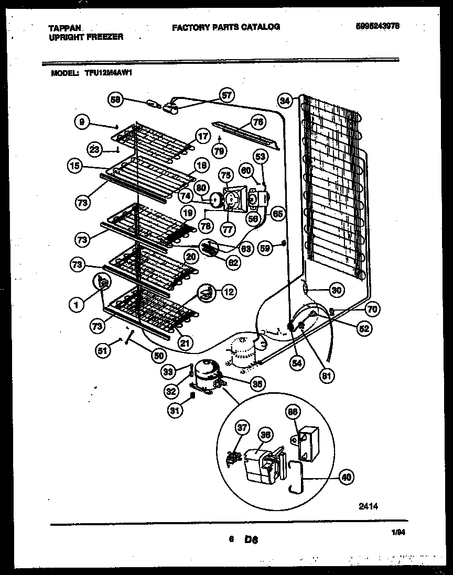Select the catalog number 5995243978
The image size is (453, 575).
(x=377, y=26)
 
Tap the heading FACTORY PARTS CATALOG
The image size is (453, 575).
(x=225, y=27)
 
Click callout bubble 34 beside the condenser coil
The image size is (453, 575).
(x=285, y=100)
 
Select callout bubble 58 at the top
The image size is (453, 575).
(x=116, y=98)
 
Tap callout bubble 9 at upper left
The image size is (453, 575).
(x=81, y=122)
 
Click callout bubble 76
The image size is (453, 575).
(x=257, y=123)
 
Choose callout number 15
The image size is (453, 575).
(x=75, y=166)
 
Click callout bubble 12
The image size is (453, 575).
(x=228, y=292)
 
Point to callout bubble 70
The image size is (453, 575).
(x=371, y=309)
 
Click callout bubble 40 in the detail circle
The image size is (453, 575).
(x=346, y=477)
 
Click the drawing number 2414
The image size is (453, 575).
(x=368, y=506)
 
